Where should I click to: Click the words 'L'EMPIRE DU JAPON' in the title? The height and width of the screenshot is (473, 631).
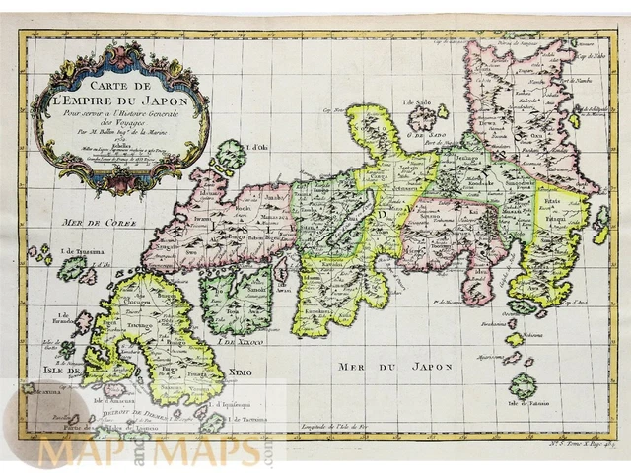tap(119, 98)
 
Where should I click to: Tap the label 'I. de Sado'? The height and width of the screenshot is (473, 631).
tap(419, 101)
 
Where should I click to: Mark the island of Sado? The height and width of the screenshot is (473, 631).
tap(424, 118)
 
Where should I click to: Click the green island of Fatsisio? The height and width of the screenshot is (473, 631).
tap(523, 385)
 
